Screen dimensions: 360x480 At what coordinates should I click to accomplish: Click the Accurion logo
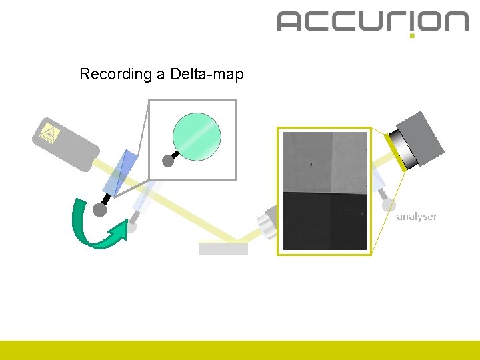pyautogui.click(x=373, y=21)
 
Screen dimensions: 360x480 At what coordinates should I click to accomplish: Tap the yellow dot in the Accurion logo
pyautogui.click(x=412, y=35)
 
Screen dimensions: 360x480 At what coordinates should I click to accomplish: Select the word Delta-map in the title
pyautogui.click(x=207, y=74)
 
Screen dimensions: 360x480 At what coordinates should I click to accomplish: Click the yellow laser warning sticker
pyautogui.click(x=49, y=133)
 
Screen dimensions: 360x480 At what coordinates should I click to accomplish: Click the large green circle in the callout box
pyautogui.click(x=197, y=133)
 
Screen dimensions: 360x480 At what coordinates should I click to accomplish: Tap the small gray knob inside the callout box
pyautogui.click(x=168, y=161)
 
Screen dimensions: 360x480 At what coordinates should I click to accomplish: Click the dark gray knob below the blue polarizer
pyautogui.click(x=99, y=211)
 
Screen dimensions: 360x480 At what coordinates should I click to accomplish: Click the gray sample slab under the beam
pyautogui.click(x=223, y=249)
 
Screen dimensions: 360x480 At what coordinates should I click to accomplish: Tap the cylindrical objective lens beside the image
pyautogui.click(x=267, y=222)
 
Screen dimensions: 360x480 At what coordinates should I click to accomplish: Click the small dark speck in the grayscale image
pyautogui.click(x=310, y=162)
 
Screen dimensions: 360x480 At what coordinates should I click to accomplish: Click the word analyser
pyautogui.click(x=417, y=217)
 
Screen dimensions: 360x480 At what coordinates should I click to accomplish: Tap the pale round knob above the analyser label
pyautogui.click(x=388, y=206)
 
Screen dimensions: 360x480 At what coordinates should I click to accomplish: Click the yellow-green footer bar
pyautogui.click(x=240, y=350)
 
